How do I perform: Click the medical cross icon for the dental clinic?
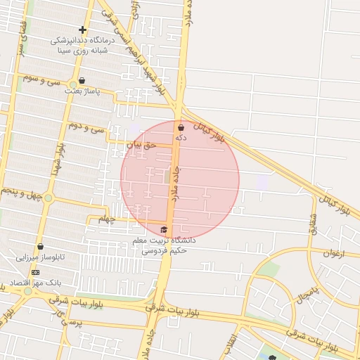pos(82,30)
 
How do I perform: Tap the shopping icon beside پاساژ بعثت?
pos(83,80)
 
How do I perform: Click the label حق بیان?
pos(139,144)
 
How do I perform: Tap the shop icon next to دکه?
pos(181,128)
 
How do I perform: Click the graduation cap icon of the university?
pos(164,229)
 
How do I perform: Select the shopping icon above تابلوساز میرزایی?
pos(41,247)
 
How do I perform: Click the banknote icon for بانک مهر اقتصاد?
pos(36,272)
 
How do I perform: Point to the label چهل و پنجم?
pos(19,192)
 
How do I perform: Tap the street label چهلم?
pos(105,219)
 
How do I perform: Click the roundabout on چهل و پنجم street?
pos(48,198)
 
